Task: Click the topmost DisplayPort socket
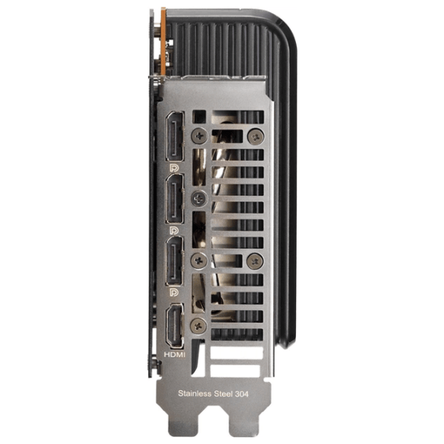175,136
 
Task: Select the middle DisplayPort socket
175,199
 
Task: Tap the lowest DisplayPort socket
175,261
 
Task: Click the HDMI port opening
175,326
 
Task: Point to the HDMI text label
175,354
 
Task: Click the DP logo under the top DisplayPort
174,168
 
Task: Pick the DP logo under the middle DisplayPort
174,230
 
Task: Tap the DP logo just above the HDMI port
174,292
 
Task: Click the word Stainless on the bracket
195,394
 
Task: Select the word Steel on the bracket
223,394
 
